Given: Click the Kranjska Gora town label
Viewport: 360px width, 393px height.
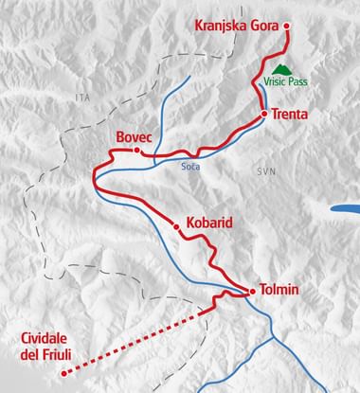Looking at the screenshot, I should [236, 26].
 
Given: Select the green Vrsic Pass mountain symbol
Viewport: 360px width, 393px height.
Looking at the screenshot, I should [281, 68].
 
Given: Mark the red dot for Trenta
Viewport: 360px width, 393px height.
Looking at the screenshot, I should [264, 114].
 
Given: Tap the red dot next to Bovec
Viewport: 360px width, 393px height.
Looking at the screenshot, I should [137, 150].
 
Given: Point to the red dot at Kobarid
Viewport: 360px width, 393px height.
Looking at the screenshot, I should [176, 225].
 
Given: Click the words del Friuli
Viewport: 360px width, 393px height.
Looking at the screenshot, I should [47, 358].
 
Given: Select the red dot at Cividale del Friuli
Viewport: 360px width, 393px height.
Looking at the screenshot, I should [63, 373].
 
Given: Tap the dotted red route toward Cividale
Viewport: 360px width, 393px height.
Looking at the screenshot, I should [142, 337].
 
